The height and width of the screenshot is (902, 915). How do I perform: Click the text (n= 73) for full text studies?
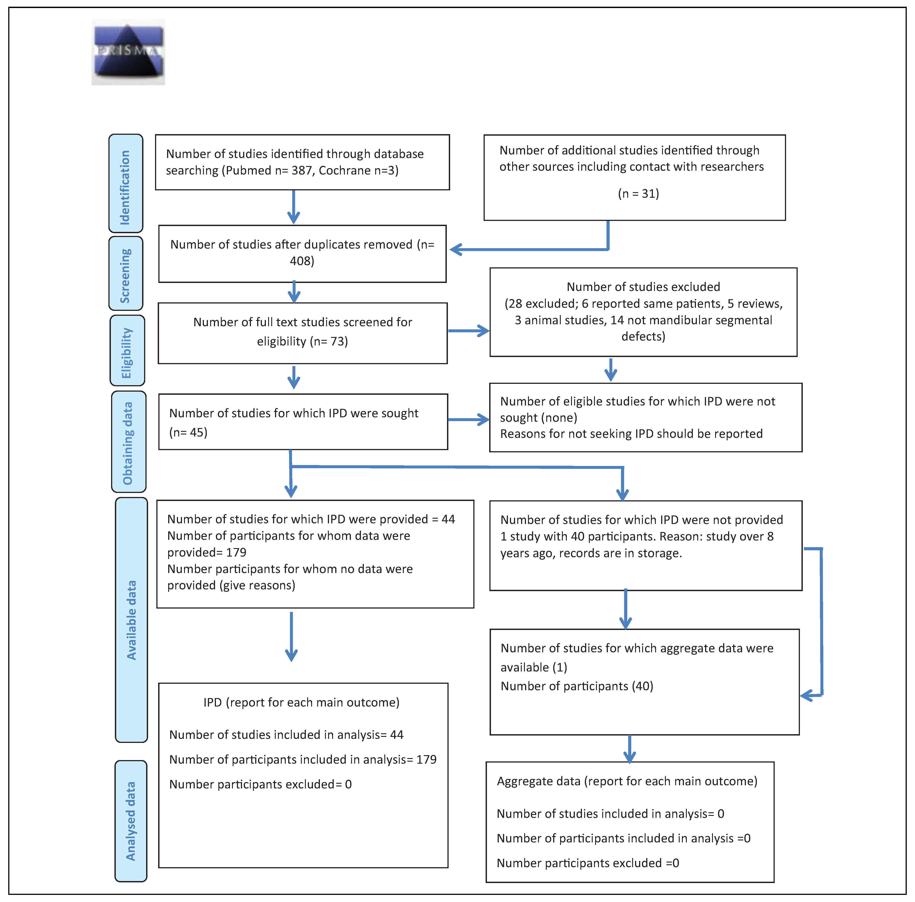pos(326,342)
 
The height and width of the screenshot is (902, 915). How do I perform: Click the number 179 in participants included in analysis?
pos(426,759)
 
